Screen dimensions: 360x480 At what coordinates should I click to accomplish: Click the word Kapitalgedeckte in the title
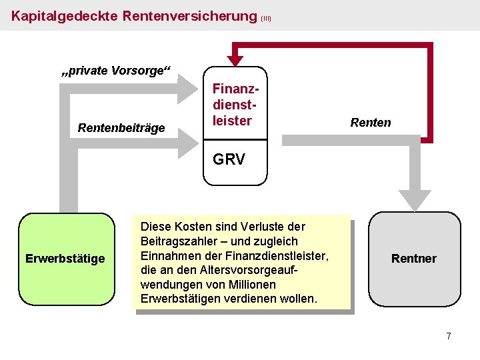coord(65,15)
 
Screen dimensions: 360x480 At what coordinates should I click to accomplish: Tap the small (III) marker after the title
coord(266,19)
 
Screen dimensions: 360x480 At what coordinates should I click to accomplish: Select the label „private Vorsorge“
coord(117,71)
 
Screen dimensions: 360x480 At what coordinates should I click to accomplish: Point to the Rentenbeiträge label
coord(121,127)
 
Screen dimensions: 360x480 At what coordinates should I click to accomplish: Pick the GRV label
coord(229,159)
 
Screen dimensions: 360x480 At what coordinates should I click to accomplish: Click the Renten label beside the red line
coord(371,122)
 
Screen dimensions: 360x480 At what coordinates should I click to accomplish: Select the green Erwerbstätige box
coord(66,259)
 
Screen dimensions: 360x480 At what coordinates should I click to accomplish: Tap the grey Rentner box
coord(414,259)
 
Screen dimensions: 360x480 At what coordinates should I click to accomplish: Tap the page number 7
coord(449,336)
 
